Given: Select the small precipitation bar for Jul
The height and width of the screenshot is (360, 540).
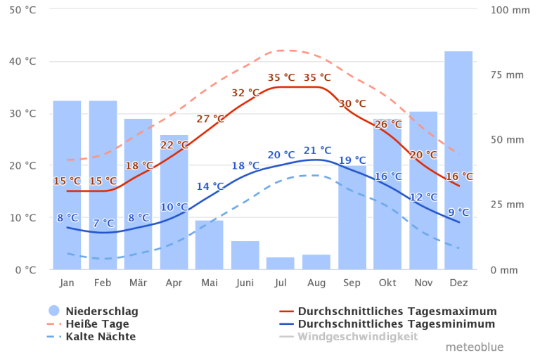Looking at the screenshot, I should click(280, 262).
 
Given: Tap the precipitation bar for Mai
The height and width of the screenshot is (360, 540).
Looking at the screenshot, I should click(209, 244).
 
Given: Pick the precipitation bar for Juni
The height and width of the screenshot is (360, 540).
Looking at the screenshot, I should click(245, 255).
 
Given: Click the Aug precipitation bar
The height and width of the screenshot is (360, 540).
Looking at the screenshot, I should click(316, 261).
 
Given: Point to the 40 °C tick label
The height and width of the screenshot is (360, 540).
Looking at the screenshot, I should click(22, 62).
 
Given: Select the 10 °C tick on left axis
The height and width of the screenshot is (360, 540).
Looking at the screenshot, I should click(22, 218).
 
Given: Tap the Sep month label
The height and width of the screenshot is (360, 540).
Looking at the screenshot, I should click(352, 283).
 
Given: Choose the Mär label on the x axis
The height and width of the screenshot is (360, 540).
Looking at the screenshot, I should click(138, 283).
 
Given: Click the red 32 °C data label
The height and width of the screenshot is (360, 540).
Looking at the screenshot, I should click(245, 93).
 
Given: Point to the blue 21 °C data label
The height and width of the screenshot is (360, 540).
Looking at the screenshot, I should click(317, 150).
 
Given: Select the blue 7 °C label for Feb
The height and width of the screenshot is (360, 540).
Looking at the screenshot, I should click(103, 224).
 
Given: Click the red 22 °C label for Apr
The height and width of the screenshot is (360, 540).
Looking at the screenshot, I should click(174, 146).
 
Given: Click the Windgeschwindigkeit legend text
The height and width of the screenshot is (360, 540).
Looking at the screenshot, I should click(357, 337).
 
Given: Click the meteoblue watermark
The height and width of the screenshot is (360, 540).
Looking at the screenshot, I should click(474, 347).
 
